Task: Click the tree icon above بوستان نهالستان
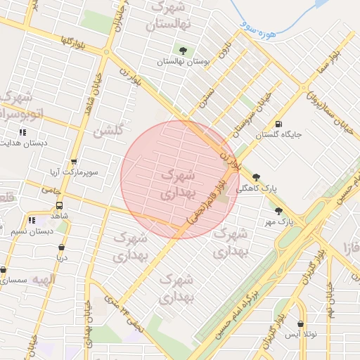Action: (184, 50)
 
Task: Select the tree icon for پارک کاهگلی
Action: (255, 177)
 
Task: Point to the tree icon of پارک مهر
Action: (278, 210)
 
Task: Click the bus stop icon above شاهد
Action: (59, 205)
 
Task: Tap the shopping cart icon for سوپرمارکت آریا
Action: (75, 162)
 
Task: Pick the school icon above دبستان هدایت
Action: (22, 131)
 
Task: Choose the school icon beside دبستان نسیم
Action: (31, 220)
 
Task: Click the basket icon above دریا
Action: (62, 247)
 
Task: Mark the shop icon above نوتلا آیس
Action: (301, 324)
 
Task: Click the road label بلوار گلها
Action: (75, 41)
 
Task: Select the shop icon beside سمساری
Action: (4, 269)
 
